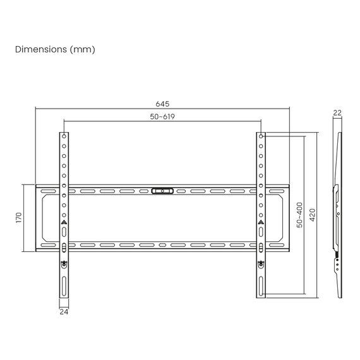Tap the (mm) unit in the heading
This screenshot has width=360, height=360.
click(83, 49)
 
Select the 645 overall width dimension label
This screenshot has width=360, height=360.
click(162, 104)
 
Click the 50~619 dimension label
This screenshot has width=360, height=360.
click(162, 117)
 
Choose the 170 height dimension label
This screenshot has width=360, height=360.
click(19, 218)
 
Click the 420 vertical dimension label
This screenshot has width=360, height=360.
click(311, 215)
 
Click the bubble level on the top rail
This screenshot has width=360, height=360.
click(162, 189)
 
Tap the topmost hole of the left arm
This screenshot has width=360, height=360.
click(64, 136)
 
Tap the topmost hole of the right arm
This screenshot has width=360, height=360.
click(261, 136)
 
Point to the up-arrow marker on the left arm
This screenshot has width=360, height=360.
click(64, 222)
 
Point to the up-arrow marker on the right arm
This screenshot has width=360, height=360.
click(261, 222)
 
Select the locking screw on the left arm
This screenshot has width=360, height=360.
click(64, 264)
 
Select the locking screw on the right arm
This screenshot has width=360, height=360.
click(261, 264)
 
